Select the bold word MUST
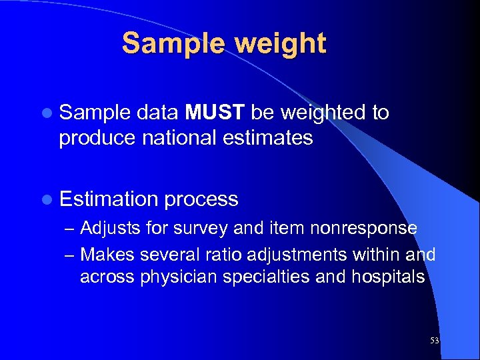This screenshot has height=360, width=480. coord(215,113)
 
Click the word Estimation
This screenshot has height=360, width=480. coord(109,199)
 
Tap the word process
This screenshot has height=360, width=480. coord(201,199)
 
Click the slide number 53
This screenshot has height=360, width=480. coord(434,341)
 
